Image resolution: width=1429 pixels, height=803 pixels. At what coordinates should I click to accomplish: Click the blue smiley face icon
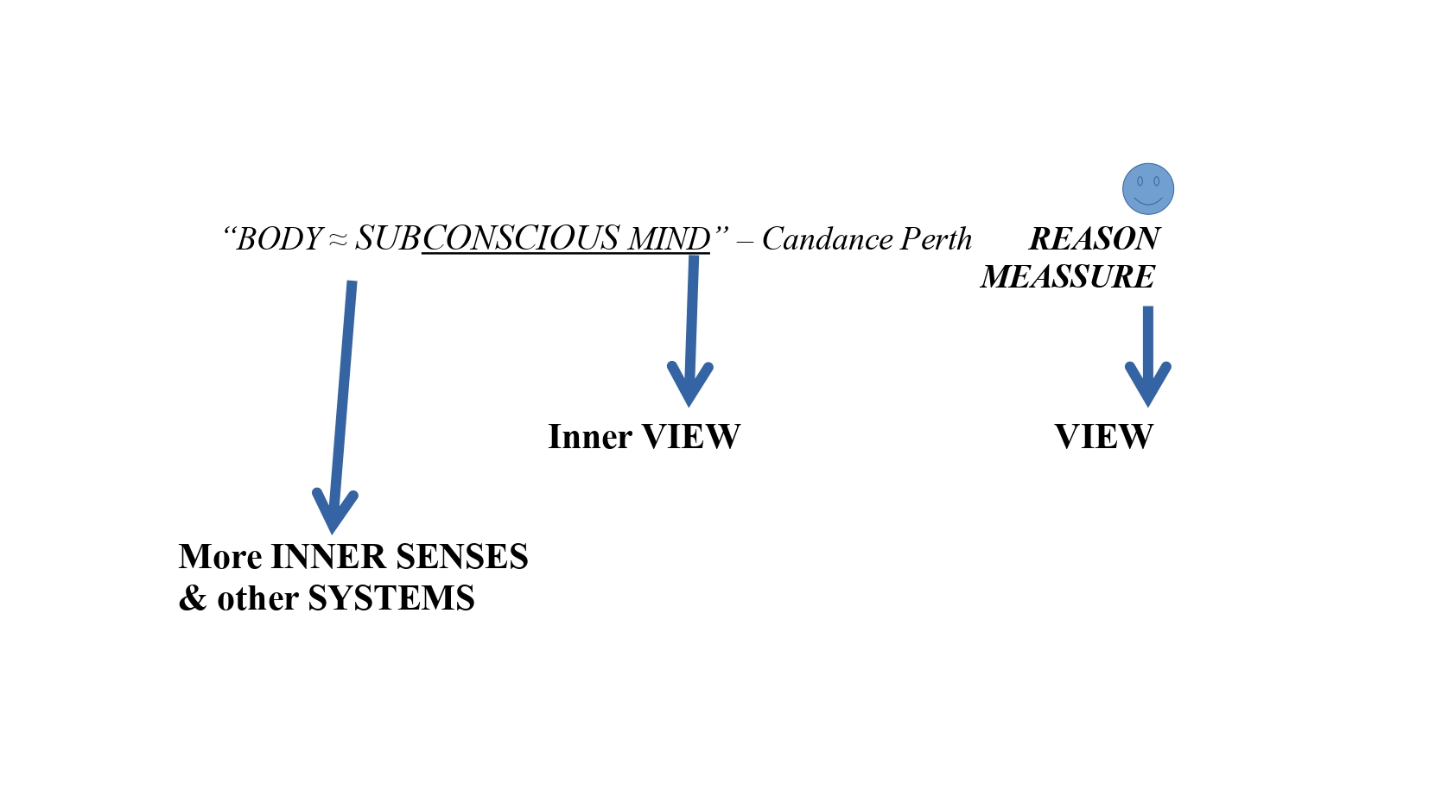point(1147,188)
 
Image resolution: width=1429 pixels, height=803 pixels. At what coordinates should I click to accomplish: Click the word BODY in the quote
point(279,239)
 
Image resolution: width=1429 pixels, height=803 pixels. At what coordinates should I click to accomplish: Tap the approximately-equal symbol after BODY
point(338,240)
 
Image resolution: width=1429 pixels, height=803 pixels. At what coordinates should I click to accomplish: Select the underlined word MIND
point(669,239)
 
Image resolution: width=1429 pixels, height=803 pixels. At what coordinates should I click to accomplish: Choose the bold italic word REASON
point(1094,238)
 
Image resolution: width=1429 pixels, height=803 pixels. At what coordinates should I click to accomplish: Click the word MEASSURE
point(1068,277)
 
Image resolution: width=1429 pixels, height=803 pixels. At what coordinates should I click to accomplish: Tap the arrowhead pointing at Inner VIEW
point(689,384)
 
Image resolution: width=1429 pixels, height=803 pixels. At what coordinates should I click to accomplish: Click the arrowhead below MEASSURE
point(1147,384)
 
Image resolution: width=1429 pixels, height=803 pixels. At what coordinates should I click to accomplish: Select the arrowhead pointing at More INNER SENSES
point(333,511)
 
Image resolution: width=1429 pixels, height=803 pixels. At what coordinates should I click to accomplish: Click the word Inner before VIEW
point(590,437)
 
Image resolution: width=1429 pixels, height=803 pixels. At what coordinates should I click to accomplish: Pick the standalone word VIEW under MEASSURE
point(1103,437)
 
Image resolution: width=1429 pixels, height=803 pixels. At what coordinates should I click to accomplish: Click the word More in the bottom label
point(220,557)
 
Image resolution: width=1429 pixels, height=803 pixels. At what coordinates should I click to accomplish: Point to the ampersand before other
point(192,598)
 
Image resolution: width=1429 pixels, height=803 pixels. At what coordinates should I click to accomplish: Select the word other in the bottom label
point(257,598)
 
